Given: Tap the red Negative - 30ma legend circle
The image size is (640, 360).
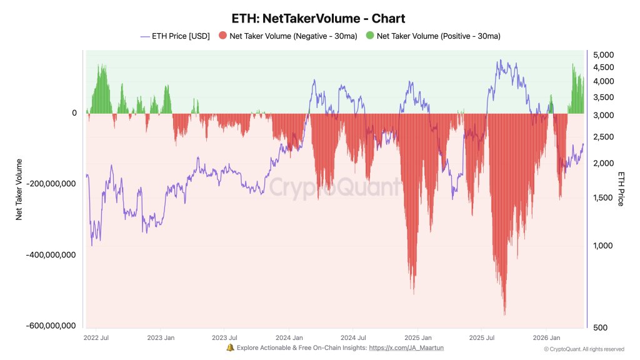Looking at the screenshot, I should tap(223, 36).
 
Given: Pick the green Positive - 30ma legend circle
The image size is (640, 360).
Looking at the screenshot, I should tap(369, 36).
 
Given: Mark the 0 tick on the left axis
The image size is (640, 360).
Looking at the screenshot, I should tap(74, 113).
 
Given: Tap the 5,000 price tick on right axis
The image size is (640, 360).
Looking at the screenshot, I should tap(603, 55).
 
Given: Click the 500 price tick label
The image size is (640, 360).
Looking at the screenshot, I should tap(601, 327).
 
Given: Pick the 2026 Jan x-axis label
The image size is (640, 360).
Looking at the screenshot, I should tap(546, 337).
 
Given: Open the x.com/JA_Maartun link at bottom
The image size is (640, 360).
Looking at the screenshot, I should tap(406, 347).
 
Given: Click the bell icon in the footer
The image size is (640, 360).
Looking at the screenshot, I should tap(230, 347).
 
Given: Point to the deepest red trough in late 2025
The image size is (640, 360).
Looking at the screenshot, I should tap(504, 312).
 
